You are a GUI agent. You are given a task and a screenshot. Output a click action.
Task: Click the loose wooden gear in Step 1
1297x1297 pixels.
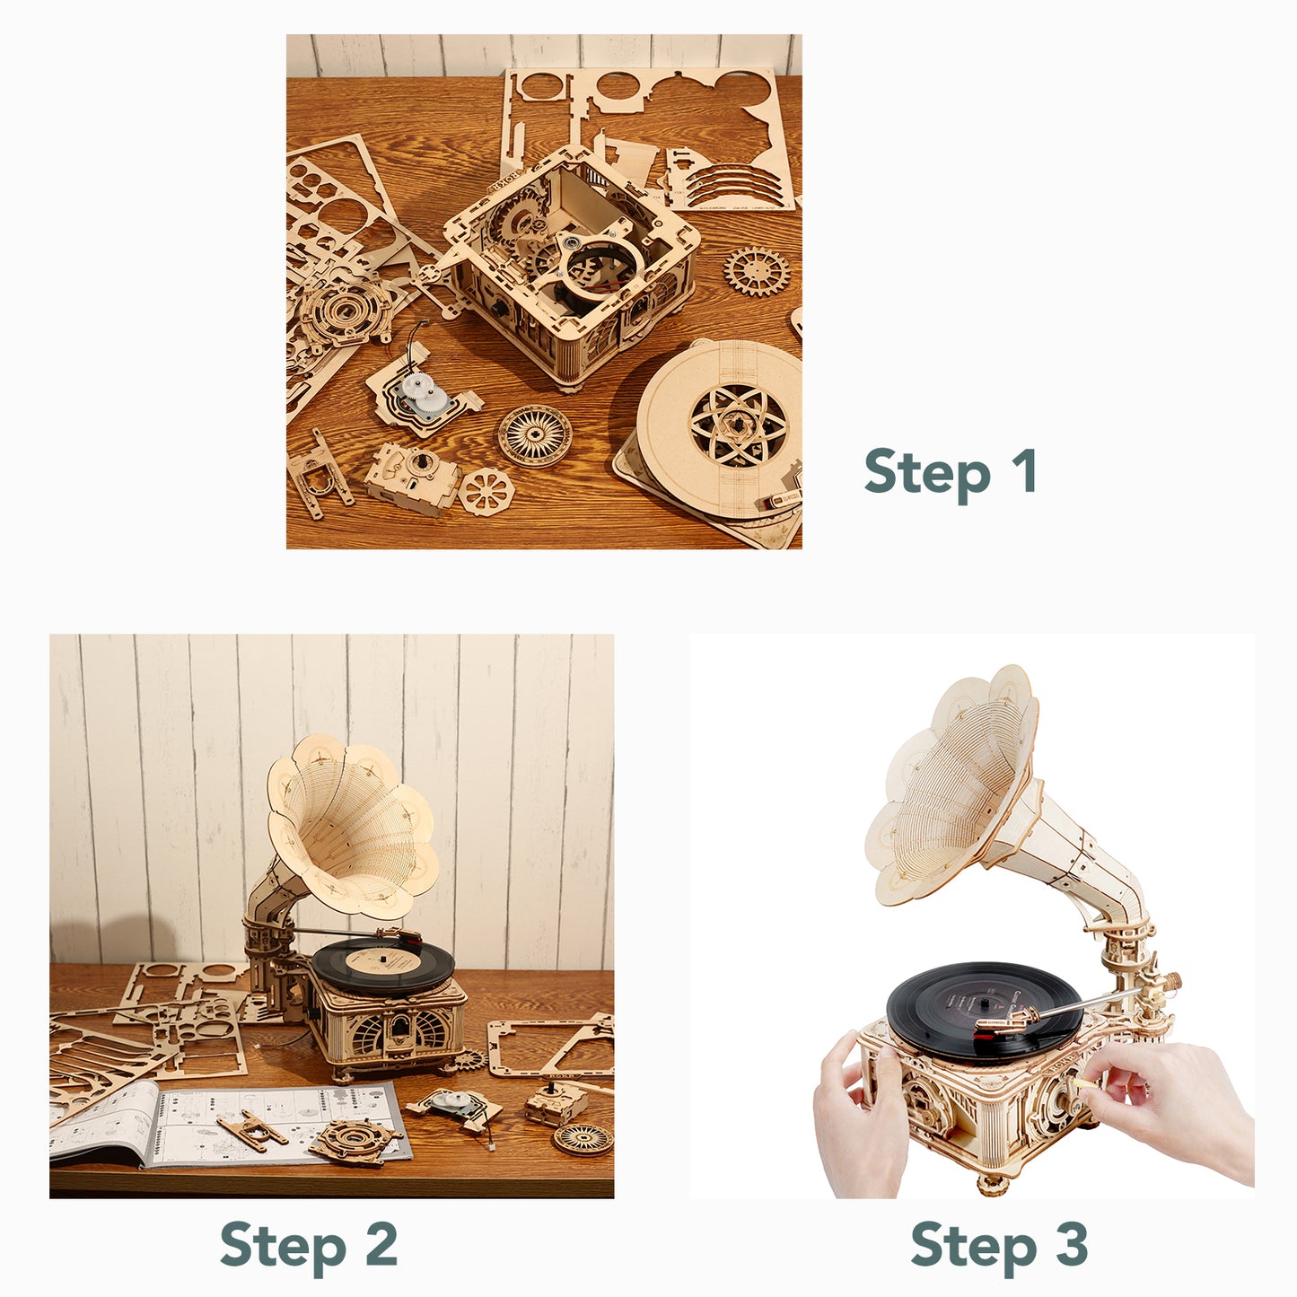pyautogui.click(x=758, y=271)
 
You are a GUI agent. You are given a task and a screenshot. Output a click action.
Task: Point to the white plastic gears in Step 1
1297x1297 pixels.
pyautogui.click(x=426, y=395)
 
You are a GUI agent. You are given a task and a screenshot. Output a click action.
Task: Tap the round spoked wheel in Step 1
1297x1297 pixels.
pyautogui.click(x=535, y=435)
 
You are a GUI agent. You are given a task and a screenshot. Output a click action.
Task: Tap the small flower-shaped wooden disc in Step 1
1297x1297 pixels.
pyautogui.click(x=486, y=492)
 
